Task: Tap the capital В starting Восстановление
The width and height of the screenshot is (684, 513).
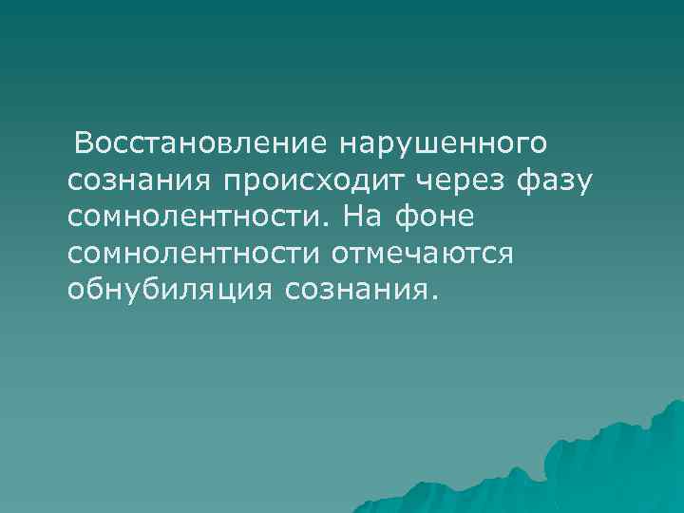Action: pos(85,142)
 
